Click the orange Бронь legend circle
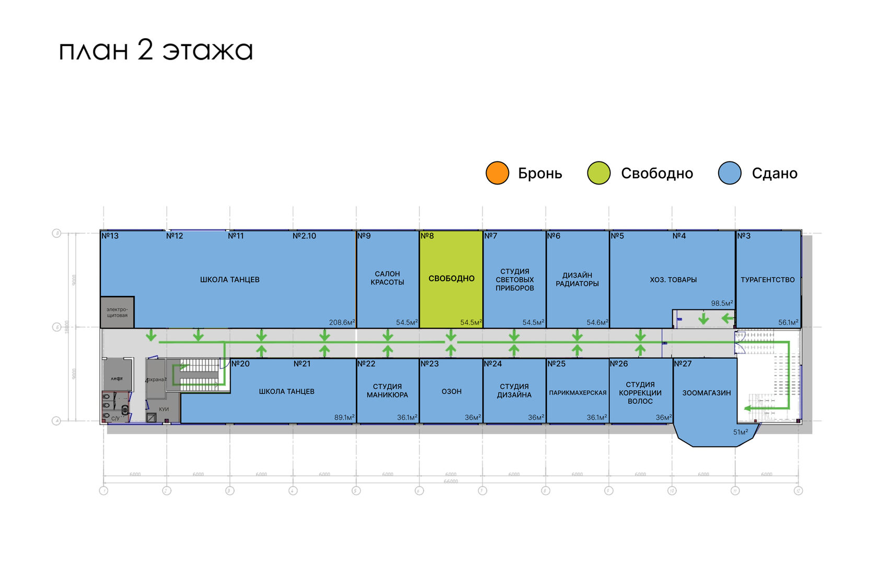(497, 173)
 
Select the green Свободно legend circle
(598, 173)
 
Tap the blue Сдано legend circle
(730, 173)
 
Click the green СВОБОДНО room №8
(451, 279)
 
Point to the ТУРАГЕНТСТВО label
(767, 280)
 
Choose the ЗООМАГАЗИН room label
(706, 393)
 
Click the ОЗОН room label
(452, 391)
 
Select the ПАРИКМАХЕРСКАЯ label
(577, 393)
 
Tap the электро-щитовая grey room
(117, 313)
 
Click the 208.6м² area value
(342, 322)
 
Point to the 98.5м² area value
(722, 303)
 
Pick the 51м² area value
(740, 432)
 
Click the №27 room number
(683, 364)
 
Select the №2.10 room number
(304, 236)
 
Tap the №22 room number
(366, 364)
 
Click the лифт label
(117, 378)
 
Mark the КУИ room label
(164, 409)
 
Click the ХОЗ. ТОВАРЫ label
(673, 280)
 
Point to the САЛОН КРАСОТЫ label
(387, 278)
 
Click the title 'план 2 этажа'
(156, 51)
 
